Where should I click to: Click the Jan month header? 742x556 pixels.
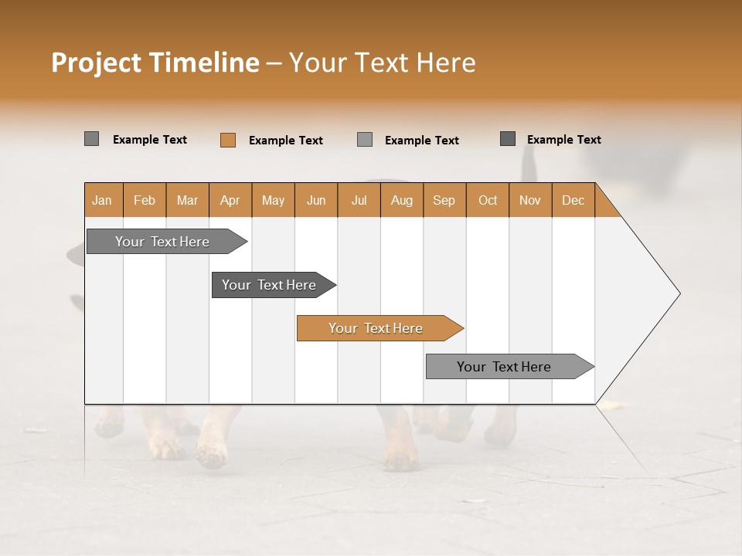(102, 200)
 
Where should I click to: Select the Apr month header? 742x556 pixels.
(230, 200)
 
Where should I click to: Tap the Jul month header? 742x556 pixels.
(359, 200)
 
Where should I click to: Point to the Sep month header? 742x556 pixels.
(444, 200)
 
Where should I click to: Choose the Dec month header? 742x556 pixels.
(573, 200)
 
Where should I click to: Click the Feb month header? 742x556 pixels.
(145, 200)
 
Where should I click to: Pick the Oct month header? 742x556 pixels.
(488, 200)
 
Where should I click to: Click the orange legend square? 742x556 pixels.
(227, 140)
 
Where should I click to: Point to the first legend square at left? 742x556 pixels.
(91, 139)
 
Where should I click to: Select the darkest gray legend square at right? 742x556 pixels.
(508, 139)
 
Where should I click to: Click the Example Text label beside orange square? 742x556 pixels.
(285, 141)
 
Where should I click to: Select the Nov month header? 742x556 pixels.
(530, 200)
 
